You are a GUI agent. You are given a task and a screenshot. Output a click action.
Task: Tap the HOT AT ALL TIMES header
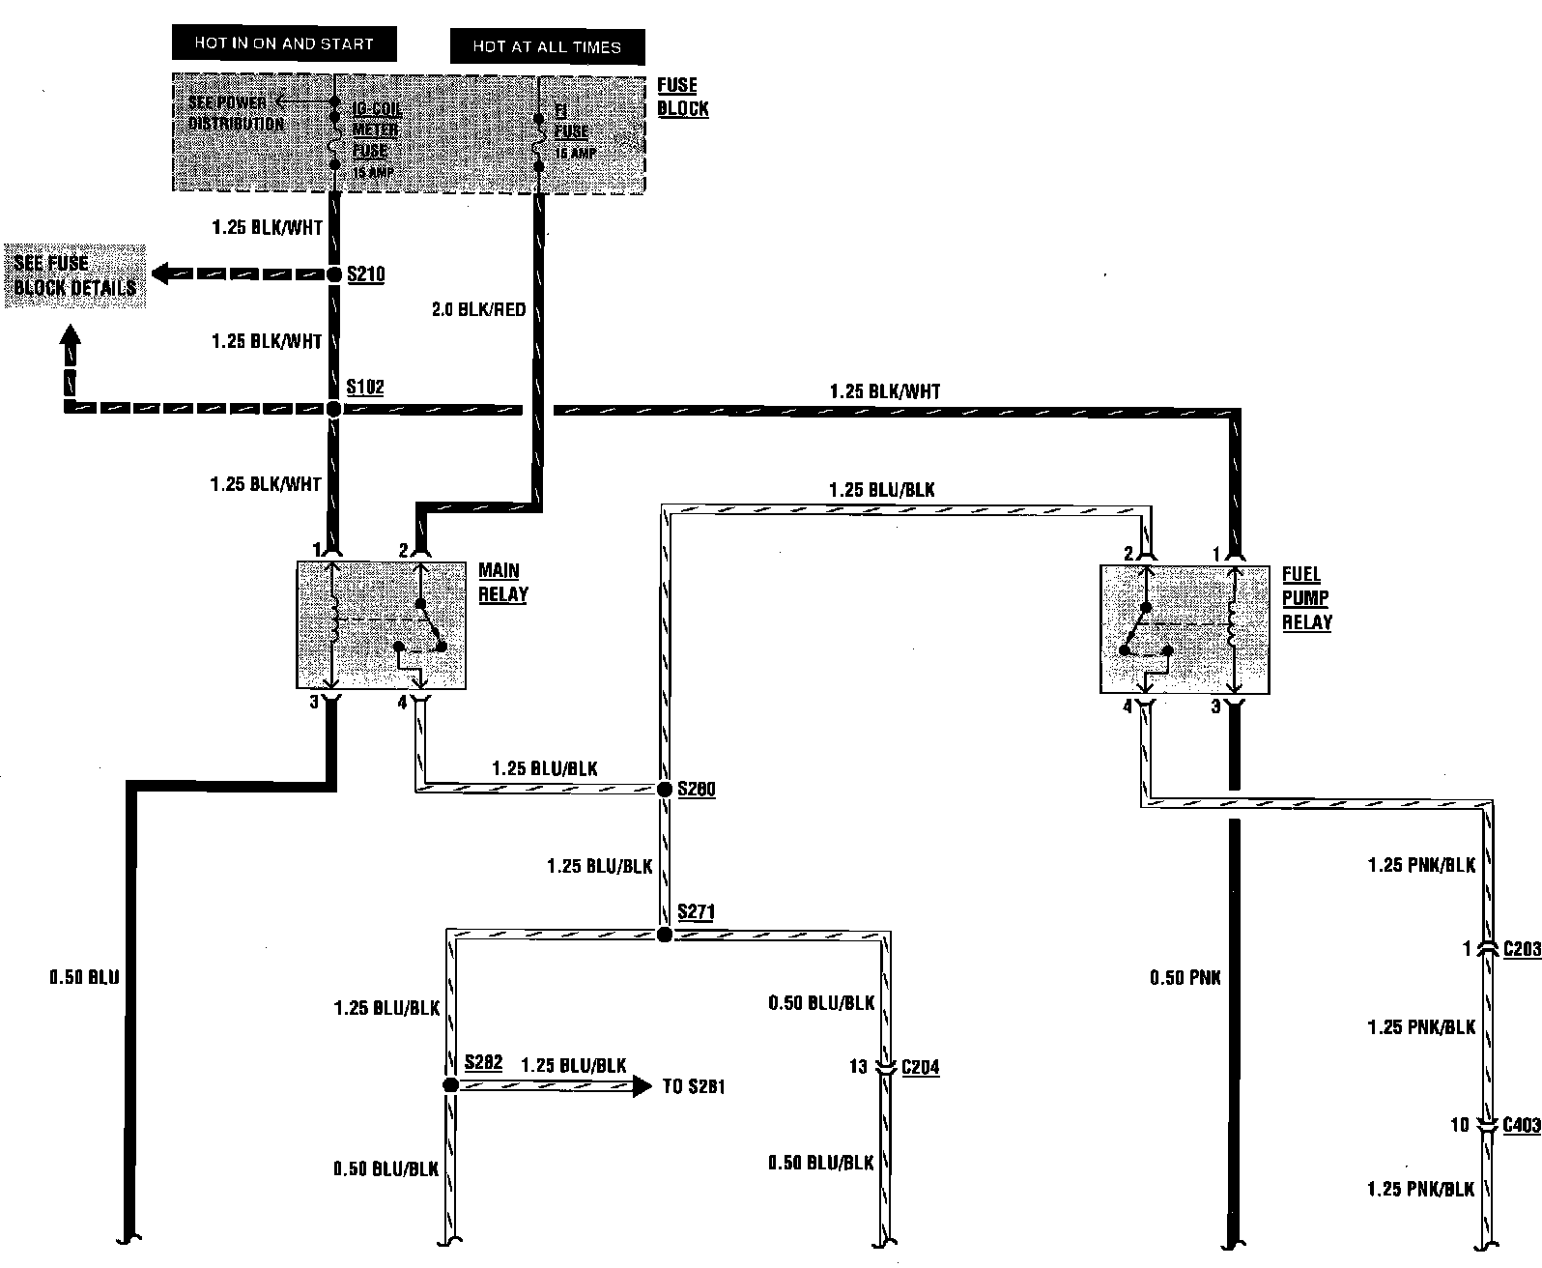click(547, 46)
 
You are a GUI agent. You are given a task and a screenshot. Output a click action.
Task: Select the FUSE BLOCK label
click(682, 97)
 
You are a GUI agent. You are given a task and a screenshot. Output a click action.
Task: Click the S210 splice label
click(365, 275)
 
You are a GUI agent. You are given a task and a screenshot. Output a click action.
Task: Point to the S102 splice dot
click(333, 410)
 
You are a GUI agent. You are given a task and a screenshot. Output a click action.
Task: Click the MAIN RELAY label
click(502, 583)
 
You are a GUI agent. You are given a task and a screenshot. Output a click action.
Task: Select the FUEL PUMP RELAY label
click(1306, 599)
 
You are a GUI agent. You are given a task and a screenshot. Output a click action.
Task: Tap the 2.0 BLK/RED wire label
click(479, 310)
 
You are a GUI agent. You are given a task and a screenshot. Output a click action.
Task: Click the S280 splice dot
click(665, 790)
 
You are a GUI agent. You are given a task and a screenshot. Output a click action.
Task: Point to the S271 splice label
click(696, 911)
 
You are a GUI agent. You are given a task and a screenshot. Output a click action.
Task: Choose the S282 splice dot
click(449, 1085)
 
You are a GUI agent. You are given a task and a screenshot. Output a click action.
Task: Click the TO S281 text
click(694, 1086)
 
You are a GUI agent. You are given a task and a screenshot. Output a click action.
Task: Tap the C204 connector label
click(920, 1068)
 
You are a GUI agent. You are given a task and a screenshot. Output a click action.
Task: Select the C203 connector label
click(1521, 950)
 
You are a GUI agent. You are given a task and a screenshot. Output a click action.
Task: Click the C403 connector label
click(1521, 1125)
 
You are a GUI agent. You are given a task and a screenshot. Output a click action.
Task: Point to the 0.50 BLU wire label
click(85, 978)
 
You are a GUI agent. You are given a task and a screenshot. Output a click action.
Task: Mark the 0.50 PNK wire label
click(1185, 978)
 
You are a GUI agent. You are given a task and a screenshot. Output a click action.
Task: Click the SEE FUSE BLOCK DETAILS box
click(74, 275)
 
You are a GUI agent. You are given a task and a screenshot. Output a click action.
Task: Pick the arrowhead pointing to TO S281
click(642, 1086)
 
